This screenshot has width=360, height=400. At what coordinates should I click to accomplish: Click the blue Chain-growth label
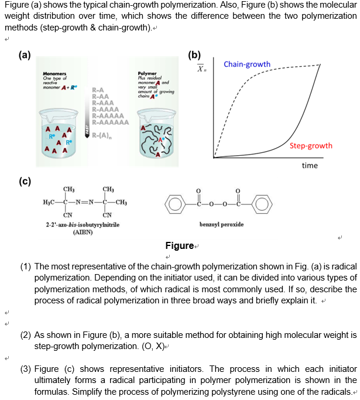(247, 64)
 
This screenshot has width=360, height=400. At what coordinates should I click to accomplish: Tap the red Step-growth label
(311, 146)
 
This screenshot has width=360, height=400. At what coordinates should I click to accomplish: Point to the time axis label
(310, 166)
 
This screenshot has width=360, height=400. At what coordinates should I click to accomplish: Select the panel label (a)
(25, 56)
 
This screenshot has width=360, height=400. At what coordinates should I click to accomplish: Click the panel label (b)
(194, 56)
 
